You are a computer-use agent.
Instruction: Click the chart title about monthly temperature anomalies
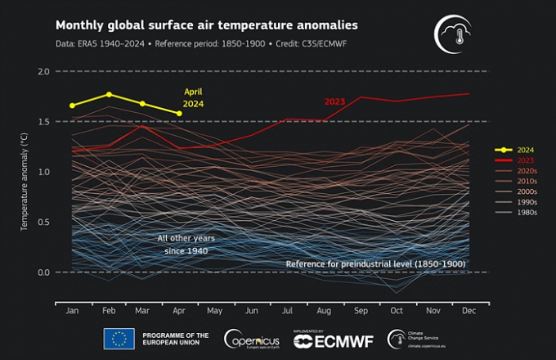tap(206, 25)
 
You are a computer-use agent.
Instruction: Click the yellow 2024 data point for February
tap(109, 94)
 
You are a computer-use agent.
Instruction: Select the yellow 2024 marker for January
tap(73, 106)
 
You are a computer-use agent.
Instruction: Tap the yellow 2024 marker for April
tap(179, 113)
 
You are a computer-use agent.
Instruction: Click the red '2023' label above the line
tap(334, 101)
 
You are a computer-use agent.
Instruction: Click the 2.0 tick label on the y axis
tap(44, 72)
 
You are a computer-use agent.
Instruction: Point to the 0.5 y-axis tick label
tap(44, 222)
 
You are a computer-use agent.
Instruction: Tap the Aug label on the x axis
tap(324, 312)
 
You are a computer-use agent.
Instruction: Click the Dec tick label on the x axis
tap(469, 312)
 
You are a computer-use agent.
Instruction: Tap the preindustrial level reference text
tap(378, 264)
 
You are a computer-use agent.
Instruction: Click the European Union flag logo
tap(119, 337)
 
